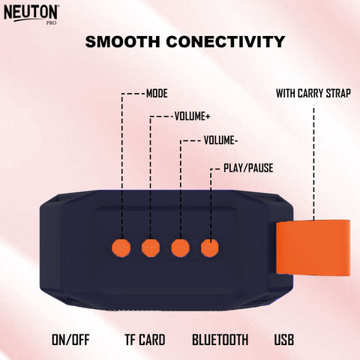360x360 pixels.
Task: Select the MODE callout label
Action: (x=156, y=94)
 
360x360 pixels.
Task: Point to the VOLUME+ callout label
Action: (x=192, y=116)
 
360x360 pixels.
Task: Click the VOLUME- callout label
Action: (x=220, y=139)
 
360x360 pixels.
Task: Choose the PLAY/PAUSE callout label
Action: (x=242, y=169)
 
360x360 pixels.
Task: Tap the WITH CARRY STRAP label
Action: (x=313, y=94)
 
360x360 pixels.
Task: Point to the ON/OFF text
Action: (x=70, y=340)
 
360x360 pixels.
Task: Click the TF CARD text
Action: (x=145, y=340)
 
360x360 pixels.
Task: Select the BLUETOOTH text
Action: (x=220, y=340)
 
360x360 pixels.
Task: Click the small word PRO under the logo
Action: (x=52, y=23)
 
